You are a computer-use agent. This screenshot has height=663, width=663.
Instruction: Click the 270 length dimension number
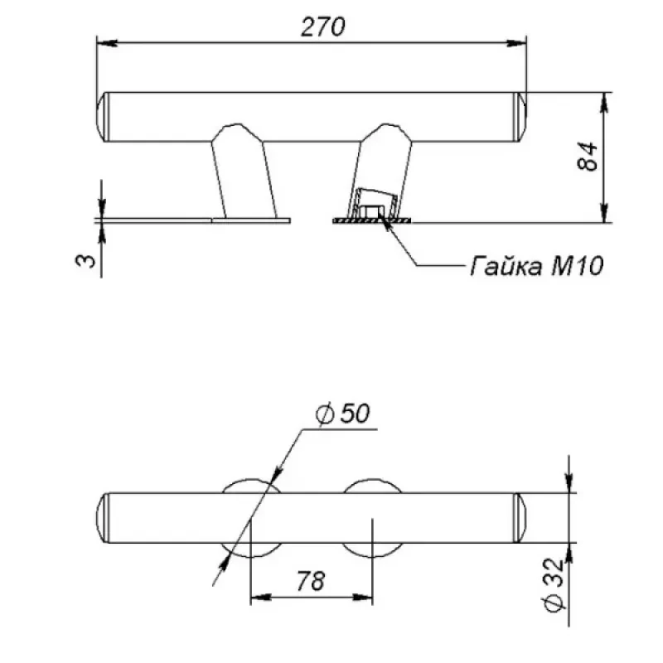(x=322, y=27)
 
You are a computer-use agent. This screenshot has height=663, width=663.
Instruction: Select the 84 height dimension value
(x=588, y=157)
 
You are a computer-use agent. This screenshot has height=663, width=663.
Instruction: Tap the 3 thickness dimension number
(x=86, y=260)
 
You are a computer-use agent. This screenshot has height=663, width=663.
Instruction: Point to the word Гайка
(x=506, y=266)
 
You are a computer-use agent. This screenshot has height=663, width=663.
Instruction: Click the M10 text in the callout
(x=577, y=266)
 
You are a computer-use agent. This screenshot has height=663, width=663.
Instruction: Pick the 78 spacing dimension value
(x=311, y=581)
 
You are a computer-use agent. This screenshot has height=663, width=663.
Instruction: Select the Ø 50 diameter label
(x=342, y=413)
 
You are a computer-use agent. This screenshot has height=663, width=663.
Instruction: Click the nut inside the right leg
(x=370, y=211)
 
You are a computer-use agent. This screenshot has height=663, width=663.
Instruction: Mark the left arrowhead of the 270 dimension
(x=107, y=43)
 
